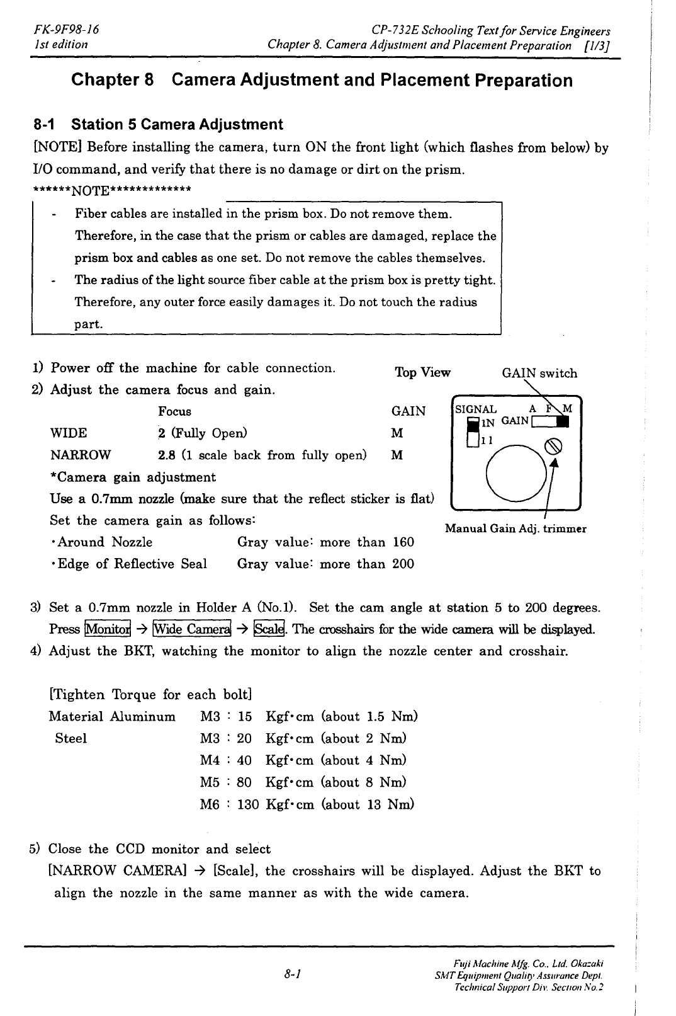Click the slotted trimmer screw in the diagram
coord(553,447)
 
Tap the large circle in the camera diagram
coord(517,474)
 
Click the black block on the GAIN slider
coord(565,421)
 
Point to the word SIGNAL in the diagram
coord(476,409)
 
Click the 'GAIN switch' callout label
coord(539,373)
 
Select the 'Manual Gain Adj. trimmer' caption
coord(515,529)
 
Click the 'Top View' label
coord(422,372)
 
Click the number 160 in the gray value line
coord(403,542)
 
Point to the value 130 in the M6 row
coord(248,804)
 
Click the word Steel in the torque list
coord(70,738)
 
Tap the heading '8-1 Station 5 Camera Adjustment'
coord(158,124)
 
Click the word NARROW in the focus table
coord(80,455)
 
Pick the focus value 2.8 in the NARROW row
coord(166,455)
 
